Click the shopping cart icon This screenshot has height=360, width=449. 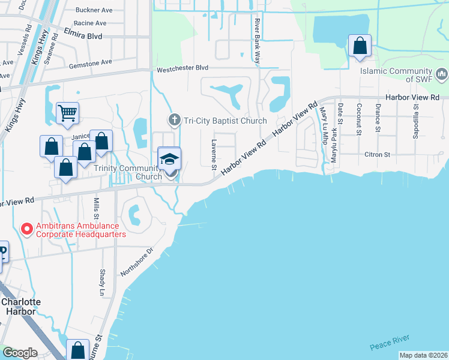(68, 112)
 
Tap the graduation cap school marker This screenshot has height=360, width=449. (169, 158)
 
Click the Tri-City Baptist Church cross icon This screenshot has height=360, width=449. (175, 119)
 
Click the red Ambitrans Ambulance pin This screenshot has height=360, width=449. (26, 229)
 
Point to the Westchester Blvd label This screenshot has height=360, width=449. (182, 69)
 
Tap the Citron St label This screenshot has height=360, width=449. (378, 154)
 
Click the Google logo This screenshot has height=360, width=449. (20, 353)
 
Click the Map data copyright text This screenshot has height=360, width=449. (423, 355)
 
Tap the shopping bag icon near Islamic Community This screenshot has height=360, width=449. (360, 45)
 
